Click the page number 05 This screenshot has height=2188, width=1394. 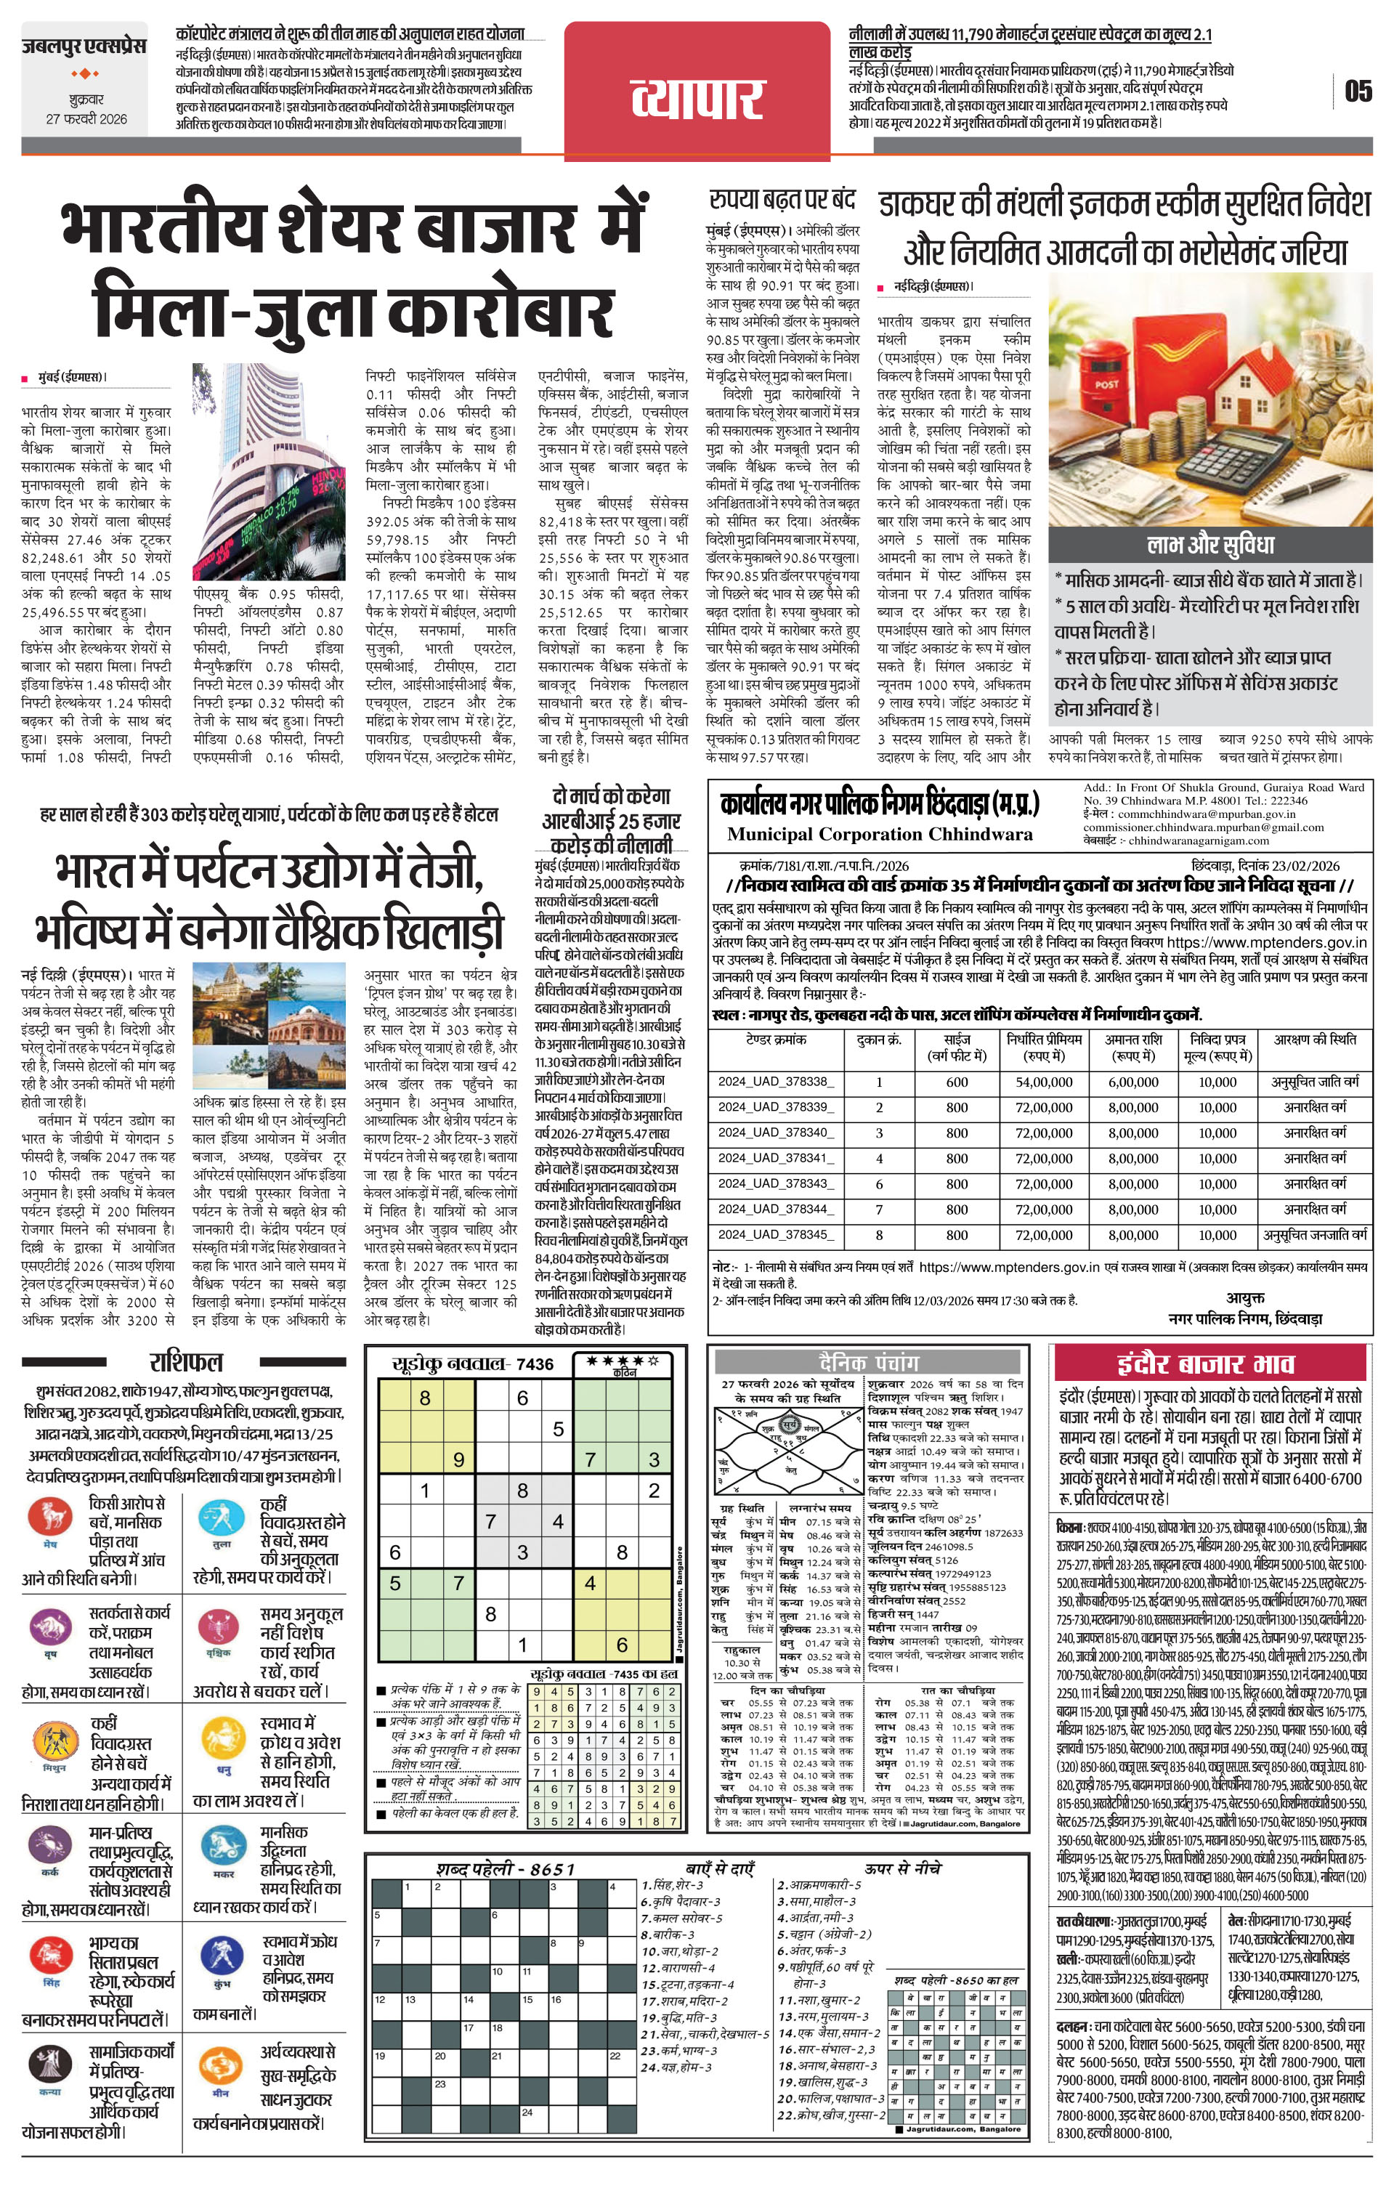point(1358,91)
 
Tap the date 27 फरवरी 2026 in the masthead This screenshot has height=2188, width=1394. point(86,119)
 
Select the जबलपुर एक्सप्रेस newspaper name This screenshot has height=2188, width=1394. point(84,46)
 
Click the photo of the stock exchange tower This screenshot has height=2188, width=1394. point(269,471)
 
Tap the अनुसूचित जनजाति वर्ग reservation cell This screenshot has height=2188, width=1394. point(1315,1235)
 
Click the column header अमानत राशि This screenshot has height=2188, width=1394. point(1133,1047)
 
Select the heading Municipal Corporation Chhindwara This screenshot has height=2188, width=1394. point(879,834)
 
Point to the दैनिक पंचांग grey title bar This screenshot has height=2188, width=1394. point(868,1362)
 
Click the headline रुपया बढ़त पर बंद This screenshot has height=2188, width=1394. point(782,198)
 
